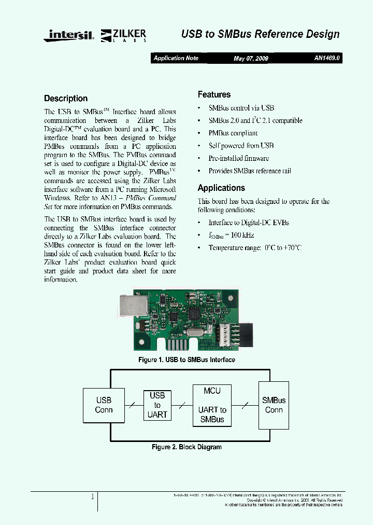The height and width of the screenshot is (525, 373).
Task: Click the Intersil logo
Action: point(70,35)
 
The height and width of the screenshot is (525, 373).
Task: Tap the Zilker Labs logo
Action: point(124,35)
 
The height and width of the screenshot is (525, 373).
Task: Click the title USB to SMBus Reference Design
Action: point(260,34)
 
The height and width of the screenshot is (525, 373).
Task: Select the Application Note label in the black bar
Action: point(176,58)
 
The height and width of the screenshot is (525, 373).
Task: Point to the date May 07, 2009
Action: point(251,59)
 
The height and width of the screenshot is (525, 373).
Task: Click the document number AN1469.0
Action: point(327,58)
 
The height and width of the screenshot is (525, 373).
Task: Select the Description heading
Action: point(66,99)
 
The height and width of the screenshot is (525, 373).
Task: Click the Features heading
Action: point(214,94)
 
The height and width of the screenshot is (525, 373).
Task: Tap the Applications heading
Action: point(221,188)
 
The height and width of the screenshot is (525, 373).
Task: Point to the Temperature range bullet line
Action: point(254,247)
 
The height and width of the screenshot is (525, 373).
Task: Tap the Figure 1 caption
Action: point(187,360)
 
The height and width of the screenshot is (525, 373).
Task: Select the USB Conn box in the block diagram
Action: point(104,405)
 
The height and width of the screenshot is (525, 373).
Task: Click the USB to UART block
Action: point(157,405)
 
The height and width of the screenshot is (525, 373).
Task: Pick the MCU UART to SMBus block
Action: point(212,405)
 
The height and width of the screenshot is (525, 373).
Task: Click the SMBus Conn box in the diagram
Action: point(274,405)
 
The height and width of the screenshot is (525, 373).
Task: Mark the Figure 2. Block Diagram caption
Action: point(187,447)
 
